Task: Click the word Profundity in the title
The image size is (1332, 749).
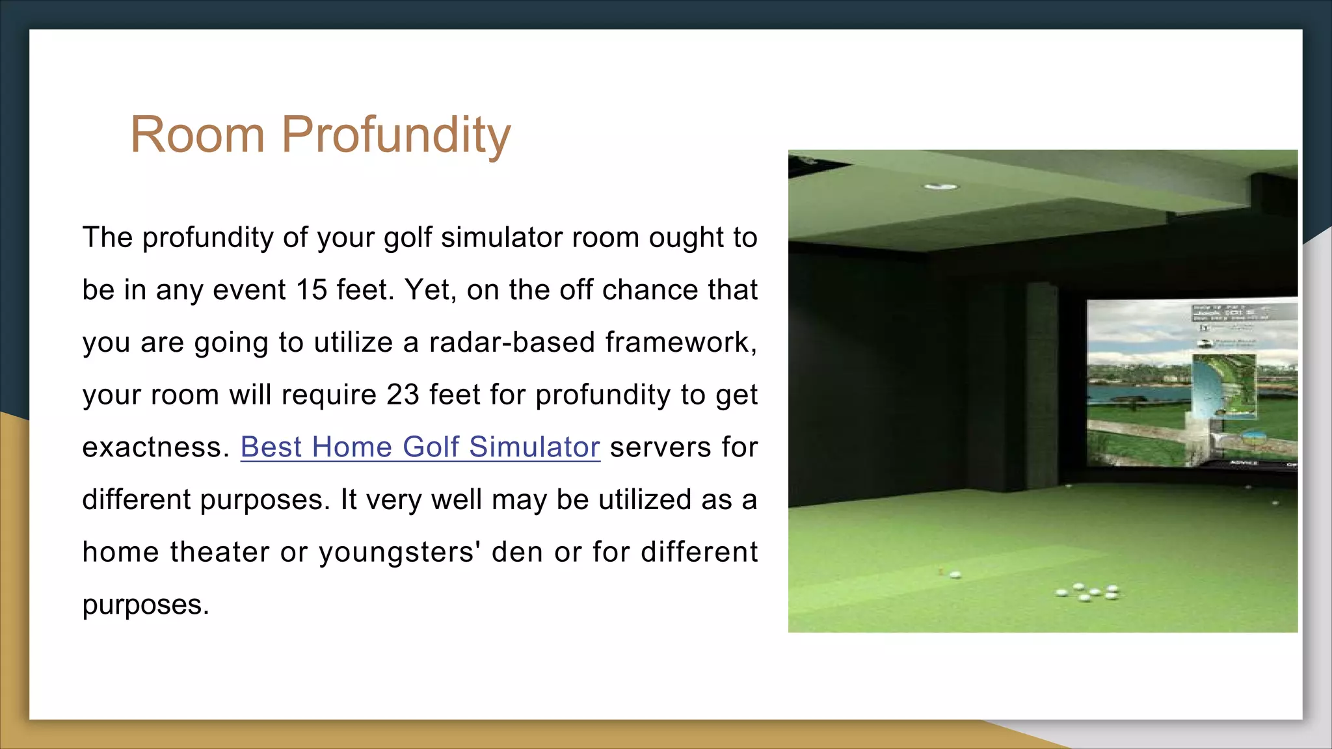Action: tap(395, 135)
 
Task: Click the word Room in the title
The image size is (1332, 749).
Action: tap(198, 135)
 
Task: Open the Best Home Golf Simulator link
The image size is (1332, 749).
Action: tap(420, 447)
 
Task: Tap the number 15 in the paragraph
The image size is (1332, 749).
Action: tap(312, 290)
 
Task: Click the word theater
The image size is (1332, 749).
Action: tap(220, 552)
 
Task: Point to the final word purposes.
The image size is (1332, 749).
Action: tap(146, 605)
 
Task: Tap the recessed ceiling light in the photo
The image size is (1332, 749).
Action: tap(941, 187)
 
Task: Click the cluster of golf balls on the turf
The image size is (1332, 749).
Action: tap(1088, 592)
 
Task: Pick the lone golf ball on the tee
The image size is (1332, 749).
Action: tap(955, 575)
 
